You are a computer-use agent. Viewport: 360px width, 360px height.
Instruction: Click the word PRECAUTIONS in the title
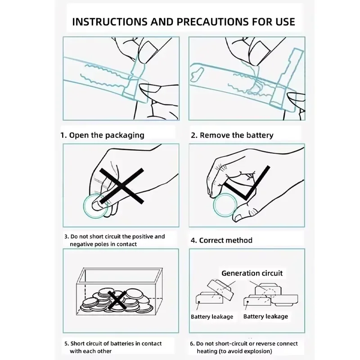tap(212, 22)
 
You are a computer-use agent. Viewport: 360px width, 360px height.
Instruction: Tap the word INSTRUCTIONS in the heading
tap(110, 22)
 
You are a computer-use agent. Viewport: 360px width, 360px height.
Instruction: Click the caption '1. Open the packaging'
tap(102, 135)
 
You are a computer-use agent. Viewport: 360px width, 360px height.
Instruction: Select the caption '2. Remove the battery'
tap(232, 135)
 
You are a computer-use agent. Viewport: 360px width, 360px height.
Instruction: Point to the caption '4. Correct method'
tap(221, 240)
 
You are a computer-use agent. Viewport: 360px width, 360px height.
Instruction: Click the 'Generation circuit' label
tap(252, 273)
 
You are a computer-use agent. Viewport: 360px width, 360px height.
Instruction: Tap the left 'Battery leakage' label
tap(212, 317)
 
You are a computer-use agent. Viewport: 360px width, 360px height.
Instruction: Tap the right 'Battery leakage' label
tap(265, 317)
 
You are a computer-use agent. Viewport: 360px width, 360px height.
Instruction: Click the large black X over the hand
tap(121, 186)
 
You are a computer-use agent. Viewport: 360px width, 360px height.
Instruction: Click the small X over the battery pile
tap(117, 300)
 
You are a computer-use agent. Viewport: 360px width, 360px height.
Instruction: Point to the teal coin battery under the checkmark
tap(225, 205)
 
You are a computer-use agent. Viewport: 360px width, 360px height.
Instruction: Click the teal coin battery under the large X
tap(95, 206)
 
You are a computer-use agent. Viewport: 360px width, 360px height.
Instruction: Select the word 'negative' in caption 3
tap(81, 244)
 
